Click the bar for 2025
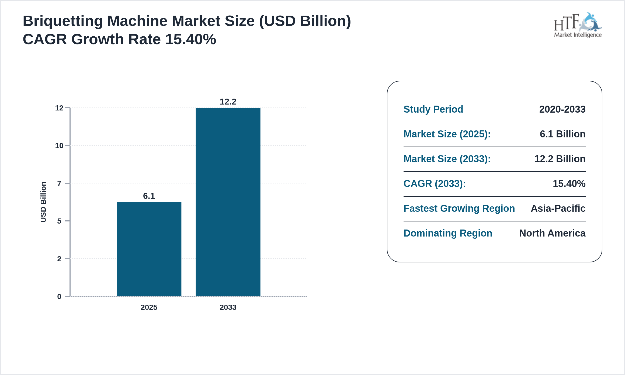[x=149, y=249]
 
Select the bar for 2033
[x=228, y=202]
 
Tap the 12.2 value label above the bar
[x=228, y=102]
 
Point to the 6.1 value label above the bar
[x=149, y=196]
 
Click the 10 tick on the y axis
[x=59, y=146]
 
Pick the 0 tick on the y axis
[x=59, y=297]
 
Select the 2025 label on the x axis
[x=149, y=307]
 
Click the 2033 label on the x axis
[x=228, y=307]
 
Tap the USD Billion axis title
[x=43, y=202]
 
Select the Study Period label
[x=433, y=109]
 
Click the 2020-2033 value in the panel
[x=562, y=109]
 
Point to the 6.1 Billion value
[x=562, y=134]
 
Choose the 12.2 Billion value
[x=560, y=159]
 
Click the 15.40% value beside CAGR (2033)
[x=569, y=184]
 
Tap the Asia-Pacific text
[x=558, y=209]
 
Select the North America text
[x=552, y=233]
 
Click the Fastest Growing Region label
[x=459, y=209]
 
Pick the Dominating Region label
[x=448, y=233]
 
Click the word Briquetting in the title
[x=63, y=21]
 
